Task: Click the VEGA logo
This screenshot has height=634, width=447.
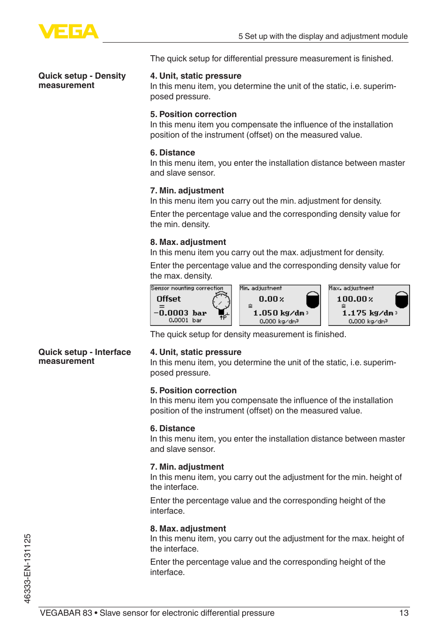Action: click(x=68, y=31)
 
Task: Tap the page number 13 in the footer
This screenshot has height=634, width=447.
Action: click(x=403, y=613)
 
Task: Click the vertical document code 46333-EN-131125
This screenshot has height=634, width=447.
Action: click(x=27, y=568)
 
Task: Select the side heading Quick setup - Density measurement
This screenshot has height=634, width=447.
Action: click(x=82, y=81)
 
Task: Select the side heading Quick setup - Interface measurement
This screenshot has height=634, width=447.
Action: click(x=84, y=356)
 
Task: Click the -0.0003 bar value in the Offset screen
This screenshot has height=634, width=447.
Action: click(x=180, y=313)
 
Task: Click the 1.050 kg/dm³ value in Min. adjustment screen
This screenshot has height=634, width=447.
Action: click(x=280, y=313)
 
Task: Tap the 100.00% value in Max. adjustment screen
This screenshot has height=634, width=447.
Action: click(x=355, y=299)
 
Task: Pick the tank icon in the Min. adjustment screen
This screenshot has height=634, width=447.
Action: click(x=313, y=300)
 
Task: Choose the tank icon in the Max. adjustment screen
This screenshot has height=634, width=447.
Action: click(x=402, y=300)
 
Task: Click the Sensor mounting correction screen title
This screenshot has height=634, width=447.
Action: click(x=187, y=288)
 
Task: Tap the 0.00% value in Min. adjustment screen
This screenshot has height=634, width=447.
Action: click(x=271, y=299)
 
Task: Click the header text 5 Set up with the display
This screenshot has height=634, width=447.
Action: click(x=322, y=36)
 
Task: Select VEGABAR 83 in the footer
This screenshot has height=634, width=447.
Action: click(x=66, y=613)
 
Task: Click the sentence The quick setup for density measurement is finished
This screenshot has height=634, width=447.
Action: click(x=248, y=334)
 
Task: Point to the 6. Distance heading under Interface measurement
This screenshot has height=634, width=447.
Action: click(x=172, y=428)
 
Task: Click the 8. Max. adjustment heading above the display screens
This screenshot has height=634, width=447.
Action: click(x=188, y=242)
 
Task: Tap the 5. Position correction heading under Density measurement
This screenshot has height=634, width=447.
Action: click(x=193, y=114)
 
